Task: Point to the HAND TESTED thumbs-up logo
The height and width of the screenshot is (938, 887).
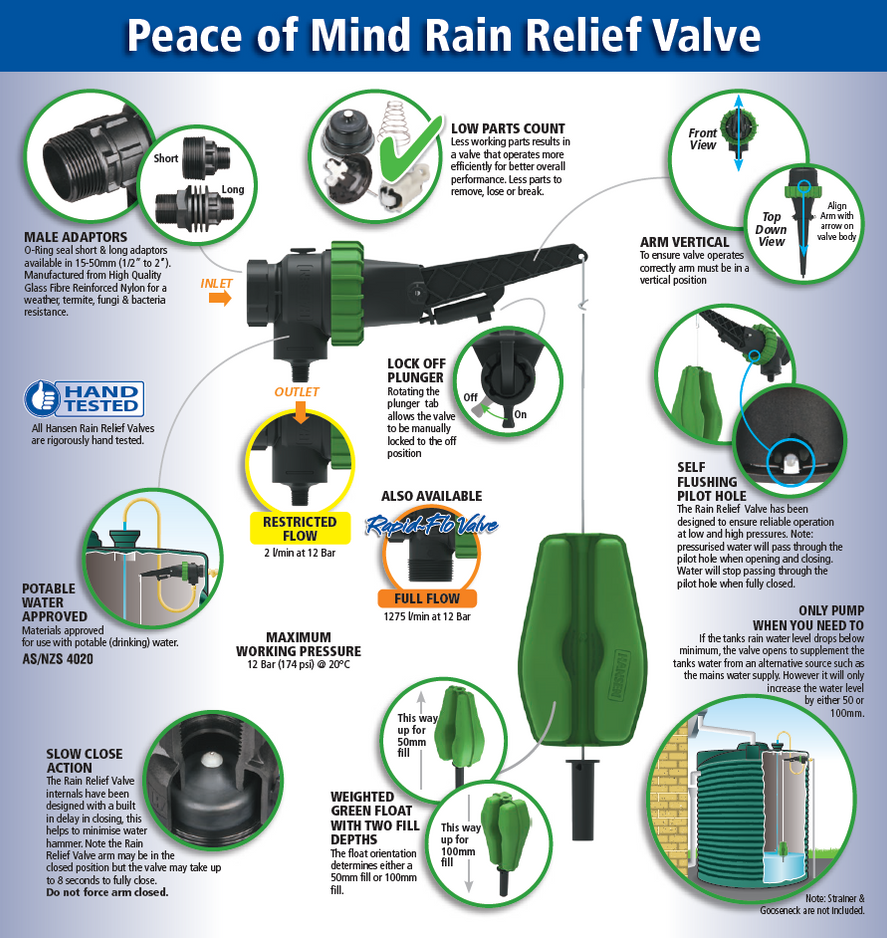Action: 85,397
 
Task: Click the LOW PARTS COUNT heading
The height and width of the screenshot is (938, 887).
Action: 508,129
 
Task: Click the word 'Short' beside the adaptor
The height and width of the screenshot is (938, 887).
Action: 166,158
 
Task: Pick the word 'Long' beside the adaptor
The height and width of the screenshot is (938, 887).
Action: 232,190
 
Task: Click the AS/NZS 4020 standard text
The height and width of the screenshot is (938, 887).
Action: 61,659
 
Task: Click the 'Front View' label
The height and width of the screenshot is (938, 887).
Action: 703,139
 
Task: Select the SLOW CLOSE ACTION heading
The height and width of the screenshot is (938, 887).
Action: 84,760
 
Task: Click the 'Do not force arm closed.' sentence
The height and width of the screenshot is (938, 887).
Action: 107,892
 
